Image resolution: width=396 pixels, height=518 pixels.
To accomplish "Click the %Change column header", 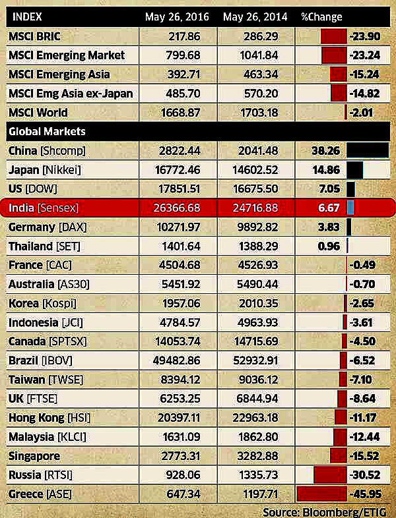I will click(321, 15).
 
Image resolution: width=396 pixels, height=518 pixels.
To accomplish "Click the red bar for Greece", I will click(322, 494).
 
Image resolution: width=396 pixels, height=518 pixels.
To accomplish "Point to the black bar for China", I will click(367, 150).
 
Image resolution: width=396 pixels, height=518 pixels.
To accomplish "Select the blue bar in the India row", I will click(351, 208).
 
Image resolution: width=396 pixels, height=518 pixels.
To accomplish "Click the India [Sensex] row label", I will click(44, 208).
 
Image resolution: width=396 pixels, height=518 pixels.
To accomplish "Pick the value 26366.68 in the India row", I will click(178, 208).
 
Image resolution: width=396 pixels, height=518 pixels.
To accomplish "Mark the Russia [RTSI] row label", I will click(40, 475).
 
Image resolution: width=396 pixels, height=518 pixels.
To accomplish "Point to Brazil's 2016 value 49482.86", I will click(178, 360).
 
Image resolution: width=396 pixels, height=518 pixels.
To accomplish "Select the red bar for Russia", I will click(330, 475).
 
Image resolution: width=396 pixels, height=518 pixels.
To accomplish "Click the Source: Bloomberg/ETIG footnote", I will click(325, 511).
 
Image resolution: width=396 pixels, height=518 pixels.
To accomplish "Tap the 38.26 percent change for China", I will click(326, 150).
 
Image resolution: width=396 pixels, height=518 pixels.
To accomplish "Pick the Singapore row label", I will click(34, 455).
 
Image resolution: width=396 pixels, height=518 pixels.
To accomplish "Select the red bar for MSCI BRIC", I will click(333, 36).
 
